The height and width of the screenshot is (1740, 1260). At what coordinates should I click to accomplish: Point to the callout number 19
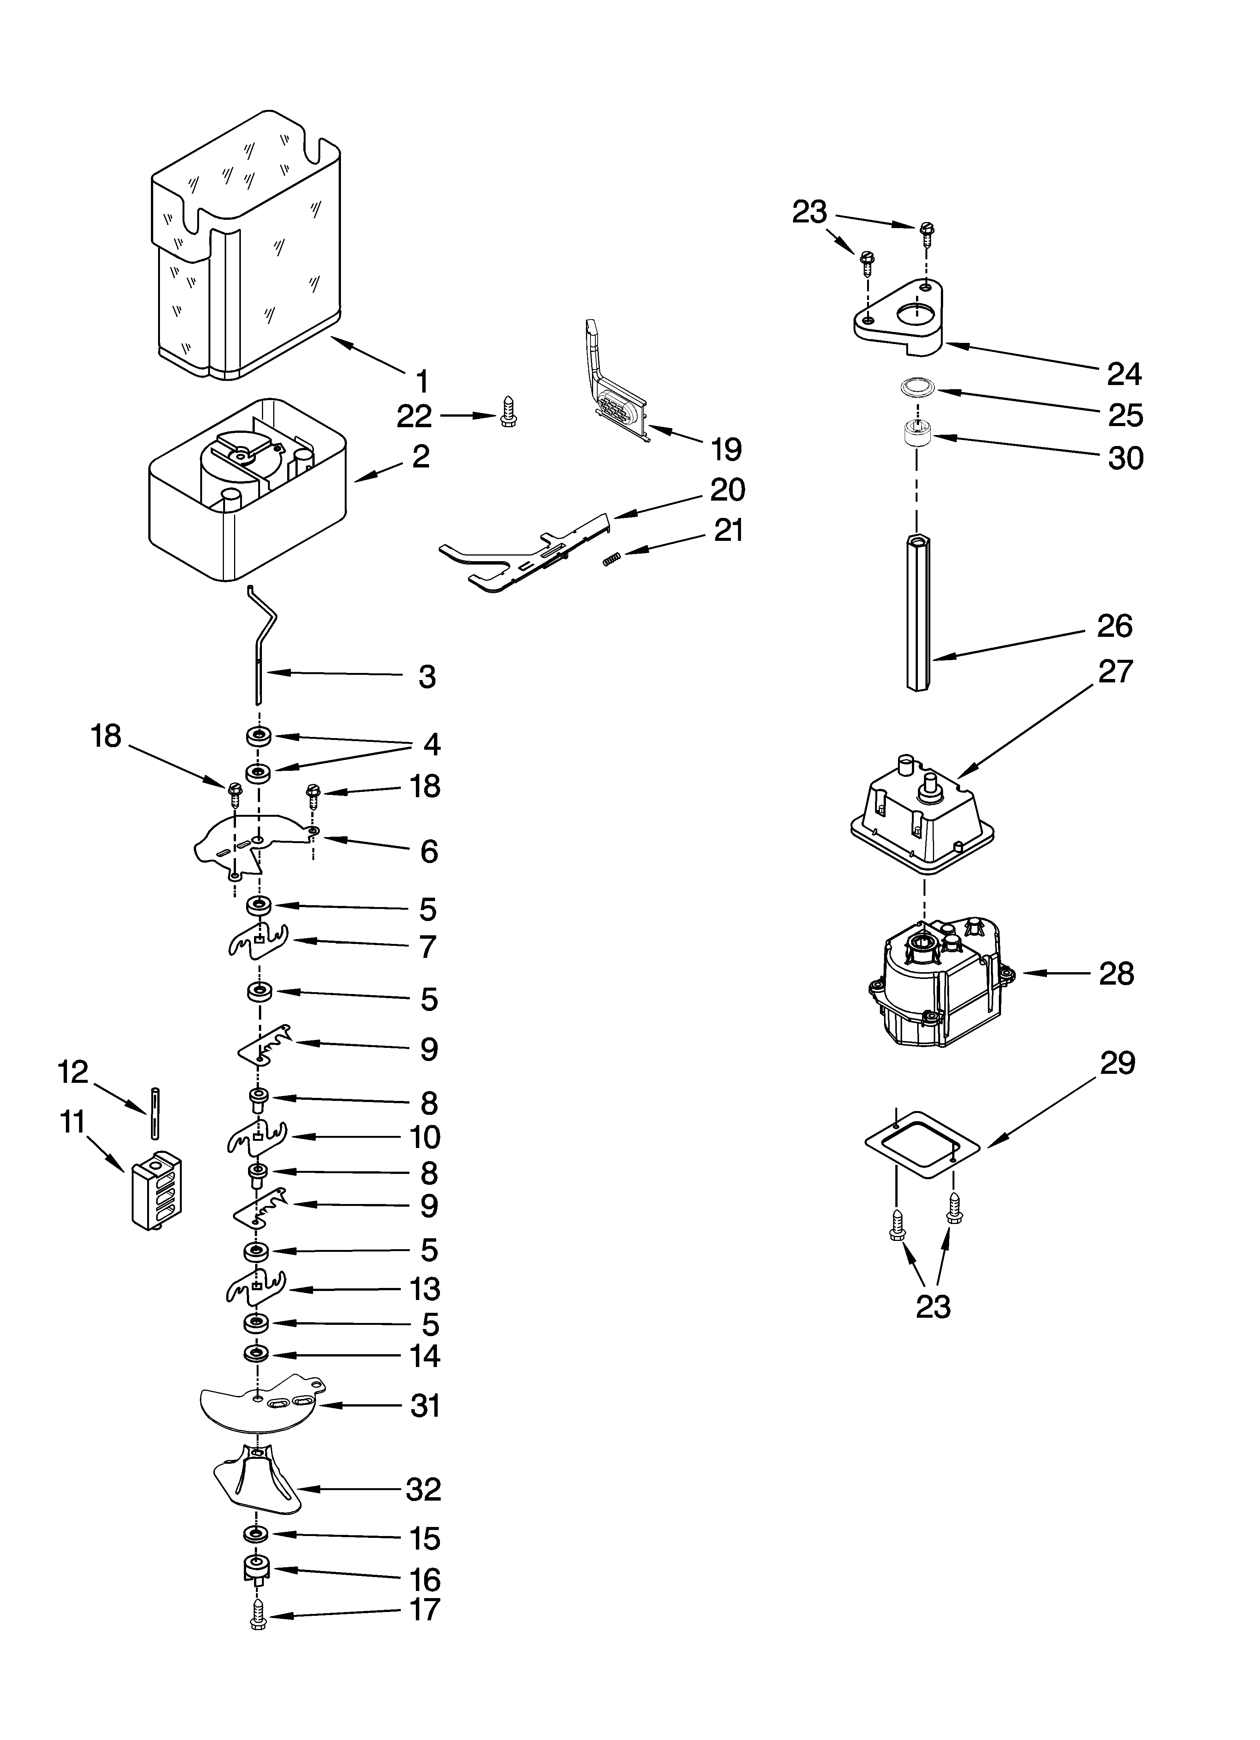click(x=726, y=449)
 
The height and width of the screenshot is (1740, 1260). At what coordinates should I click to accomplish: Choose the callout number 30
click(x=1125, y=458)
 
